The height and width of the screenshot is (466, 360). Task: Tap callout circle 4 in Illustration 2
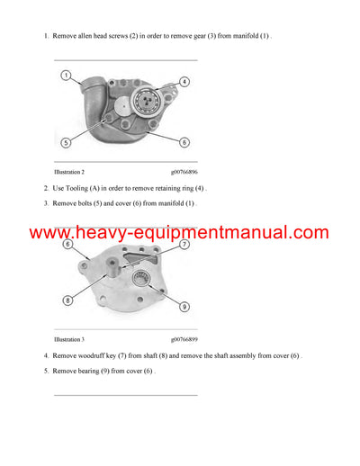tap(184, 82)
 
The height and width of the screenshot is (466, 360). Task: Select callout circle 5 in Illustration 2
tap(66, 142)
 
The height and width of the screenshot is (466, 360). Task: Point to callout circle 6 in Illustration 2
tap(184, 142)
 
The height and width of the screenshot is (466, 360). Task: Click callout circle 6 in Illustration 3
tap(68, 244)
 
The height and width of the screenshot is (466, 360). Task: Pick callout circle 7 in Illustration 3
tap(184, 244)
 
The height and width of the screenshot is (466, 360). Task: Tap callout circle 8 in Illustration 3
tap(68, 300)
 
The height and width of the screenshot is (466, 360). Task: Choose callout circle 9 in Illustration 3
tap(184, 307)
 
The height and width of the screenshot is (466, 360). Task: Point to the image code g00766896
tap(184, 171)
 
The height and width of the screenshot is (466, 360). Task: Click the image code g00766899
tap(184, 339)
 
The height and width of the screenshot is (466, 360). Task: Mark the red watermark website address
tap(179, 233)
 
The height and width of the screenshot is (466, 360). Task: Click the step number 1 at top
tap(45, 36)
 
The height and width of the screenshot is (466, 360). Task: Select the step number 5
tap(45, 371)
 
